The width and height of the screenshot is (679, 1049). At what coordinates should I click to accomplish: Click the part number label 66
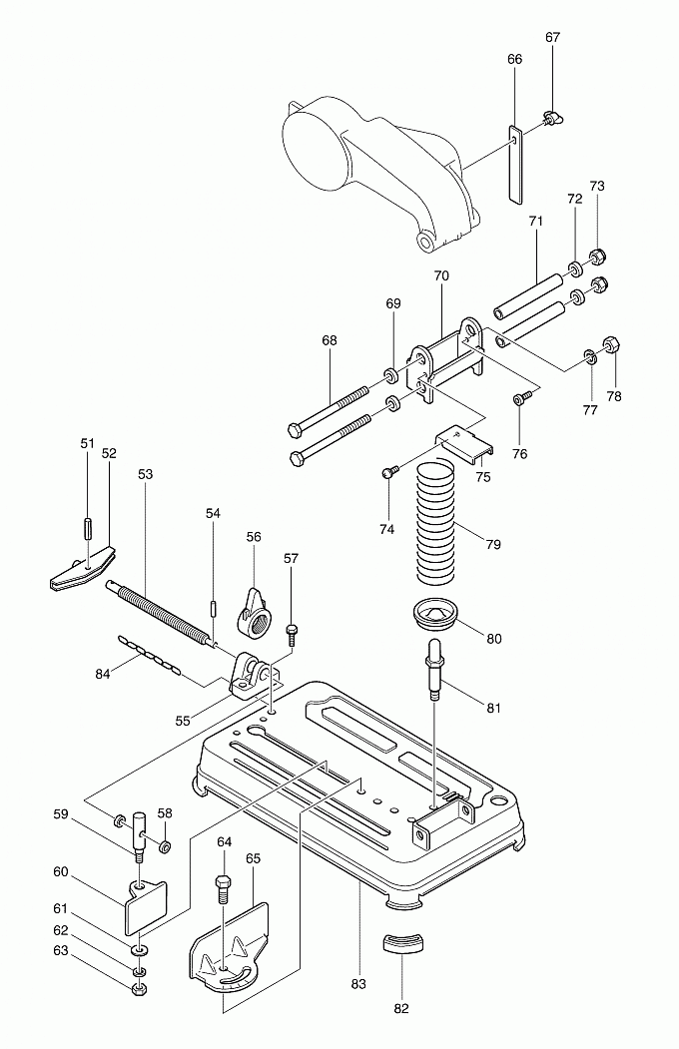(514, 60)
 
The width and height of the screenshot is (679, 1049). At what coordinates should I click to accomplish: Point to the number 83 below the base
(358, 984)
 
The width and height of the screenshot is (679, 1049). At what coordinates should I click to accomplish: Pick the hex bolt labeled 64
(223, 885)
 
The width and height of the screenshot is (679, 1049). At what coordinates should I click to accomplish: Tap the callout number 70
(442, 275)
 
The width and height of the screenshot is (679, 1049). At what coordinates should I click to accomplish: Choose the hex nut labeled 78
(614, 345)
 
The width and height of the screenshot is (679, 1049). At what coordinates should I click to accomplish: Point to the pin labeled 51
(88, 526)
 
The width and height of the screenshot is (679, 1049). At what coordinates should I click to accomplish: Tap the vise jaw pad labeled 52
(81, 569)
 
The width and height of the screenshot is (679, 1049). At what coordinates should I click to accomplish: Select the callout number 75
(483, 477)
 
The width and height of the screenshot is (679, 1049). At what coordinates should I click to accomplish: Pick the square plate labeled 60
(146, 906)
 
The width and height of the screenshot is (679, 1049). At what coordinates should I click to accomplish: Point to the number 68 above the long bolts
(330, 340)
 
